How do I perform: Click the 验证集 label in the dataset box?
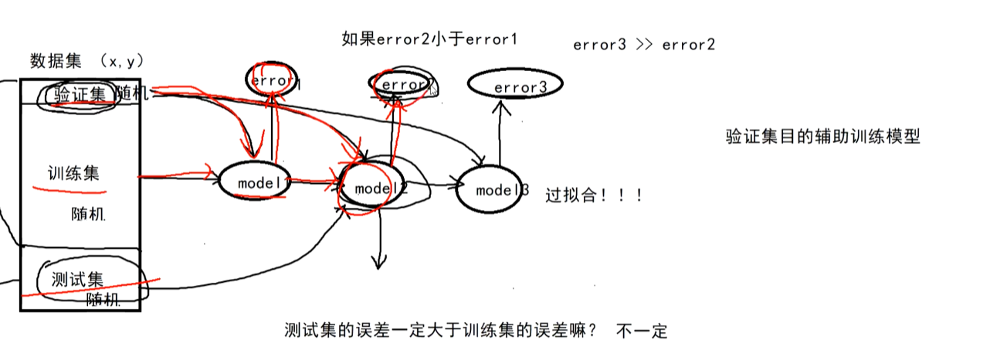coord(80,95)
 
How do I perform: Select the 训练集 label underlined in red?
coord(73,173)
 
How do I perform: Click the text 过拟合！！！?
coord(594,195)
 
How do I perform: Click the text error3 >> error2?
coord(643,45)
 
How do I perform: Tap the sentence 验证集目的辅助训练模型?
coord(822,138)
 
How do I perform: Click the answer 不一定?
coord(642,332)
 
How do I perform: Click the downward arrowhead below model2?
coord(378,263)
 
